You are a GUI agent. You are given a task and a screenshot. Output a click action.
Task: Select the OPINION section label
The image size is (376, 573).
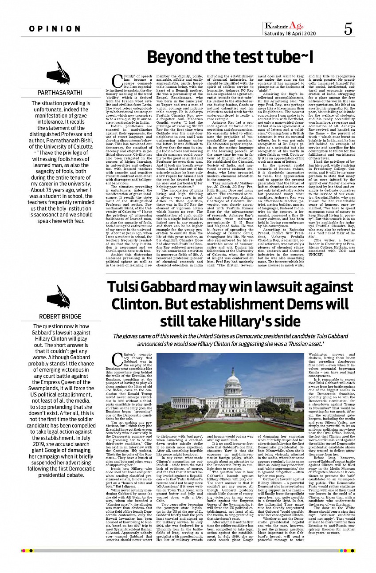coord(55,29)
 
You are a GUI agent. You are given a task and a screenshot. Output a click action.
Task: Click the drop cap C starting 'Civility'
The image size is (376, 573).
coord(117,82)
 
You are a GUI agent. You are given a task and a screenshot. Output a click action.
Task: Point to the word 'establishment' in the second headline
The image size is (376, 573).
coord(235,304)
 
